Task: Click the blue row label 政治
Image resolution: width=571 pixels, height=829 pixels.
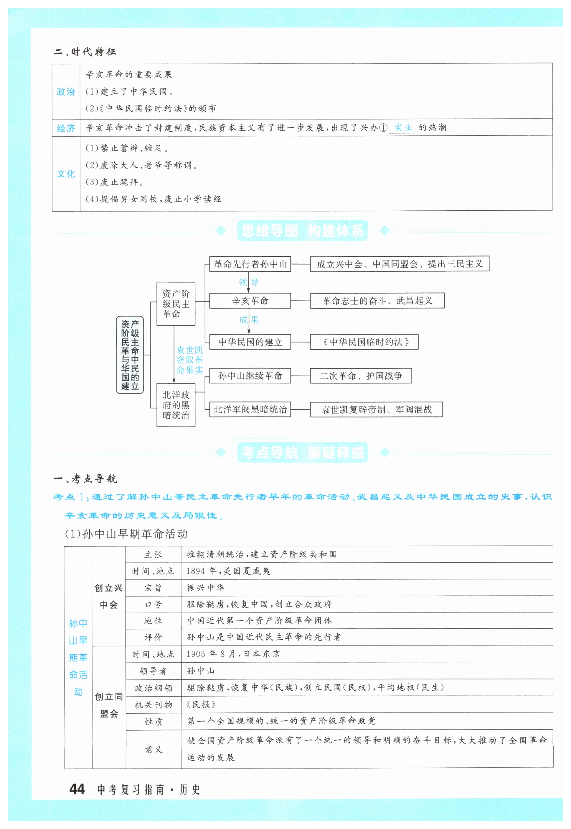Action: pos(66,92)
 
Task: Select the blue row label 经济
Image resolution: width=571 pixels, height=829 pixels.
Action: pos(66,128)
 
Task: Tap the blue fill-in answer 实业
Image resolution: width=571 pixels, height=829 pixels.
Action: pos(403,127)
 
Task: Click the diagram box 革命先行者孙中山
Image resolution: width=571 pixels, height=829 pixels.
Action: pos(250,264)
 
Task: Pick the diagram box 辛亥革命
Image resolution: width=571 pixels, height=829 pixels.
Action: pos(250,301)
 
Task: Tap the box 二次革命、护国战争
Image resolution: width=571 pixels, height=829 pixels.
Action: pos(361,376)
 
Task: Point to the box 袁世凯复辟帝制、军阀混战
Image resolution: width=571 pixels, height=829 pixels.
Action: pos(376,409)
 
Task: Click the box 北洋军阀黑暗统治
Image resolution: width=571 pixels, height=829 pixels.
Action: pos(250,409)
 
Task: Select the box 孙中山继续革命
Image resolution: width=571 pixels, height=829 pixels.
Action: pos(250,376)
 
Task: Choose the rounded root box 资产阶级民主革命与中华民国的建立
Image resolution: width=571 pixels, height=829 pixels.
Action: pos(130,355)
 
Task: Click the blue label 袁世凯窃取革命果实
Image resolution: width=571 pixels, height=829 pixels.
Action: pos(190,360)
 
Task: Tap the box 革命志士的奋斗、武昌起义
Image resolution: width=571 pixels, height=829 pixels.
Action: pos(377,301)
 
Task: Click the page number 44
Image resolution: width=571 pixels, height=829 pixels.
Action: pos(77,789)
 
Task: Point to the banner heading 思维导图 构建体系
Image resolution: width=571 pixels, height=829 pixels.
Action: pos(302,231)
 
